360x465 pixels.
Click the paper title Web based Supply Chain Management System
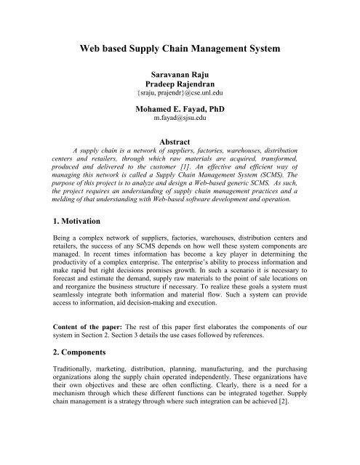point(179,50)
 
